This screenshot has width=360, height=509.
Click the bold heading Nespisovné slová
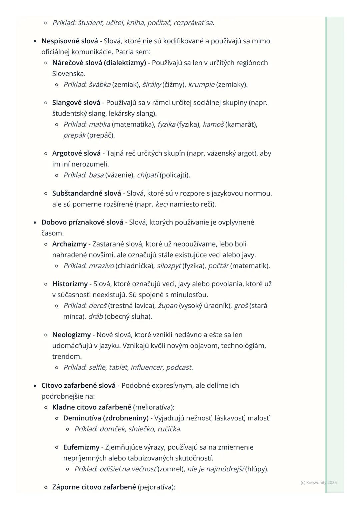click(70, 41)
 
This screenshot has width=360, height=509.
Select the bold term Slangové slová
click(76, 103)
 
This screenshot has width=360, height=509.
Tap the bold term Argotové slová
click(76, 153)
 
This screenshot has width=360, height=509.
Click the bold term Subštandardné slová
click(87, 193)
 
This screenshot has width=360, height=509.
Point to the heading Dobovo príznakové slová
click(82, 222)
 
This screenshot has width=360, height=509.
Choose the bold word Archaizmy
click(69, 244)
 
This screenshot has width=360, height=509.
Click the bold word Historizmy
click(70, 284)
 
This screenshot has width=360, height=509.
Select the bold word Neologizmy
click(71, 335)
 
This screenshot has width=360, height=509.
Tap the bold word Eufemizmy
click(81, 447)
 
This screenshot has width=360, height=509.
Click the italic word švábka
click(100, 85)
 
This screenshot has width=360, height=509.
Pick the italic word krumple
click(201, 85)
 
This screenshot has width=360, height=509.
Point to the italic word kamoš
click(213, 124)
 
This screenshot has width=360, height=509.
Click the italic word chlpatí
click(148, 175)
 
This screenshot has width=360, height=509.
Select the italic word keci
click(162, 204)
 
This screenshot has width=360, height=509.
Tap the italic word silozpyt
click(169, 266)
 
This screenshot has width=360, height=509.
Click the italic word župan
click(168, 306)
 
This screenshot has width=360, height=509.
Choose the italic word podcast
click(179, 367)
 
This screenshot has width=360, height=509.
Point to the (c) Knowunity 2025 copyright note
click(318, 482)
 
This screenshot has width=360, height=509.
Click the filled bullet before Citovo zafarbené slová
click(35, 386)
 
